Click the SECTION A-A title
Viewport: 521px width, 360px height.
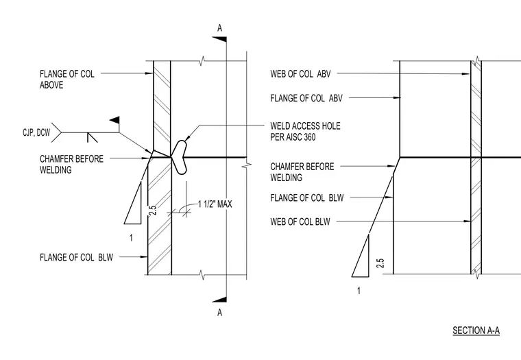coord(476,331)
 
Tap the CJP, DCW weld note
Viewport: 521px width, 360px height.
coord(36,132)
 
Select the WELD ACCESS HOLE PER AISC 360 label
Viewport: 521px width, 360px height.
coord(305,131)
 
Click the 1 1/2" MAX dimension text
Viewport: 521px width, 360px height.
coord(215,204)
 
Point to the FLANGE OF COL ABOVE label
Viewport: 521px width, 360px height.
coord(66,79)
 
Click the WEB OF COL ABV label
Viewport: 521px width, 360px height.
coord(300,73)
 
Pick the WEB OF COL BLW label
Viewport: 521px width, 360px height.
coord(300,221)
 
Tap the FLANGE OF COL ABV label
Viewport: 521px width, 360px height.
coord(306,98)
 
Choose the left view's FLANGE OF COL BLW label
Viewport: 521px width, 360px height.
coord(76,257)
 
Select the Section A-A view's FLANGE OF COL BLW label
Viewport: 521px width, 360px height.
coord(306,197)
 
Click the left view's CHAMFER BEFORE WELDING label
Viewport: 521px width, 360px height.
coord(71,164)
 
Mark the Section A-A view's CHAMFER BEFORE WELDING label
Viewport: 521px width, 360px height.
coord(302,172)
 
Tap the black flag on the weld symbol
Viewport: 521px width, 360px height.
coord(115,120)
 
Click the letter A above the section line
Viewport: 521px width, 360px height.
coord(219,28)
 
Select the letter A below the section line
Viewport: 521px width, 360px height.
coord(219,313)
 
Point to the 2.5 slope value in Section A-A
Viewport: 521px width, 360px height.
coord(380,263)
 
